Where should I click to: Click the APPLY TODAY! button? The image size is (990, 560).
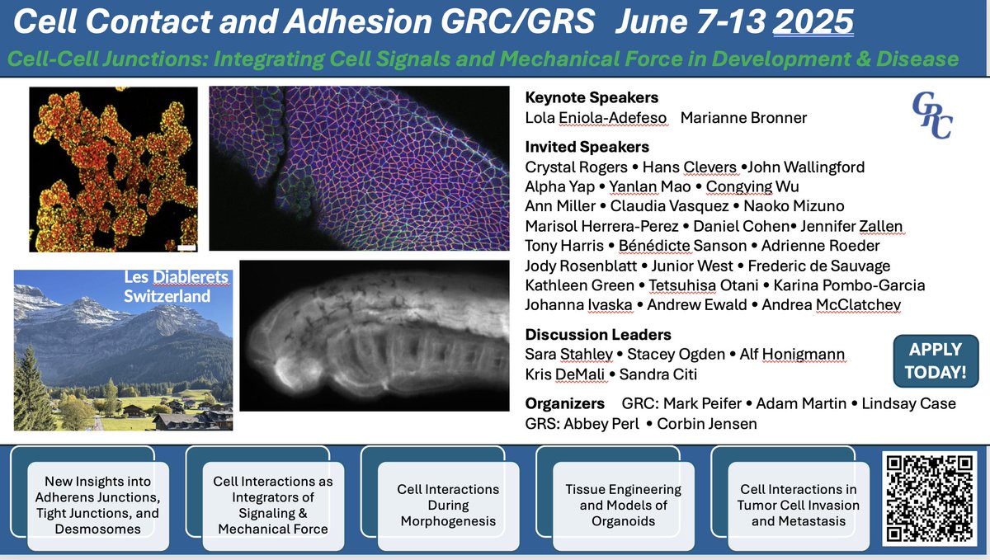(x=936, y=360)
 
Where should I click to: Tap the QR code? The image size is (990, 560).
(x=929, y=499)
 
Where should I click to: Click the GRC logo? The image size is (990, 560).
(x=932, y=115)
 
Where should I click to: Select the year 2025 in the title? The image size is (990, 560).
(x=813, y=21)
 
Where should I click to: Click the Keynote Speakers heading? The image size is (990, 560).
(x=592, y=97)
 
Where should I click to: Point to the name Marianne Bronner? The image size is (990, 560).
(x=743, y=118)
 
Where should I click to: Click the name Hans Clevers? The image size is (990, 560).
(x=689, y=167)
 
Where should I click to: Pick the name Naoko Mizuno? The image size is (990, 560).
(x=794, y=206)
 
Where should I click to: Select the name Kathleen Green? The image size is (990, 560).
(x=579, y=285)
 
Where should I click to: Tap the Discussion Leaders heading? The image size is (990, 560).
(x=598, y=335)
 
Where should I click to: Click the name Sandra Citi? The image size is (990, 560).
(x=658, y=374)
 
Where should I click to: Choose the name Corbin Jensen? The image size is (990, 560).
(x=707, y=423)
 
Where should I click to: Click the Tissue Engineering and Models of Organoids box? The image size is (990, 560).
(x=623, y=506)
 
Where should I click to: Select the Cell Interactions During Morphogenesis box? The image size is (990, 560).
(x=448, y=506)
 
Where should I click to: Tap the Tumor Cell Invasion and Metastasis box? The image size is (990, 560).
(x=799, y=506)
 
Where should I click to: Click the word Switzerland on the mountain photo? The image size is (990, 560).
(x=167, y=296)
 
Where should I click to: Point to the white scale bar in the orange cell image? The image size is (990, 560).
(x=186, y=248)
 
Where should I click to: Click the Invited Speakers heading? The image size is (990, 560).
(x=587, y=147)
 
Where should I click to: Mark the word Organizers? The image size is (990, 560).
(x=565, y=403)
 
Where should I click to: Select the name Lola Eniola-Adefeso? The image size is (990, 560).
(x=596, y=118)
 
